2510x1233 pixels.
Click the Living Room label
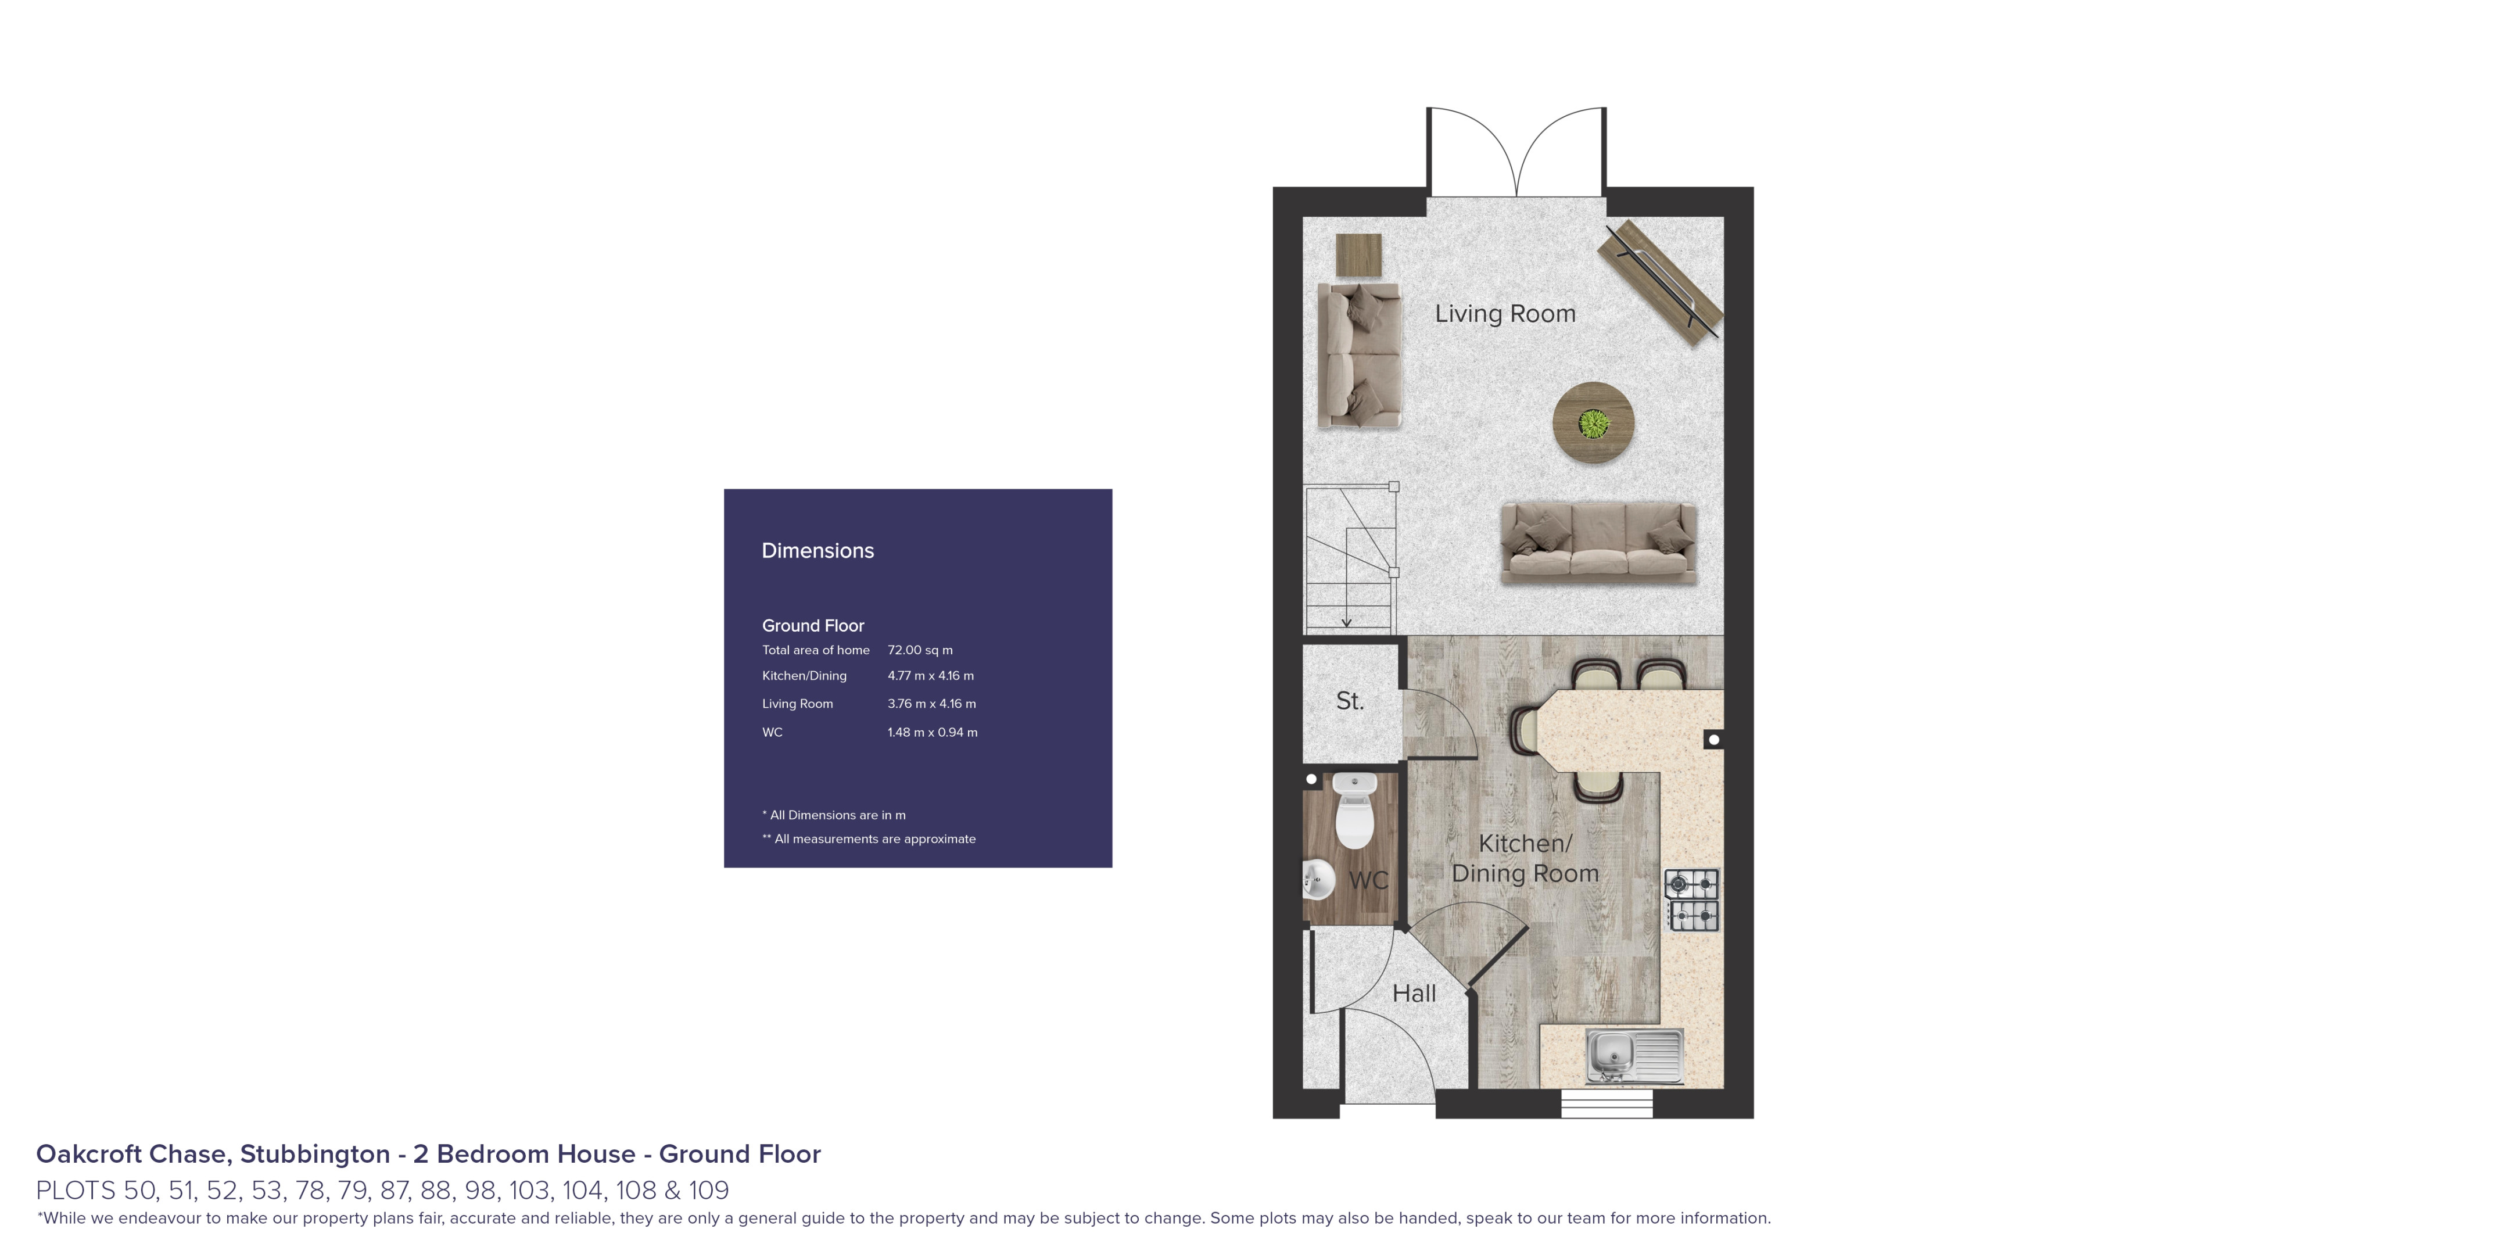pos(1504,314)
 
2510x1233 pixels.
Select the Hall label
pos(1414,993)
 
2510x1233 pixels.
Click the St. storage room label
pos(1350,701)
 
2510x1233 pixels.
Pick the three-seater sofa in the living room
pos(1598,543)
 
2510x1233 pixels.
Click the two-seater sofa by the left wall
pos(1358,356)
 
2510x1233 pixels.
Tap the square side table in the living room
pos(1359,255)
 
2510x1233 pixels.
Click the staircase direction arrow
pos(1347,620)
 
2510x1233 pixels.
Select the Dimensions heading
pos(817,551)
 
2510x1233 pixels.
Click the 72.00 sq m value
pos(920,650)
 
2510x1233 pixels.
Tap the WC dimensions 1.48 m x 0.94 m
pos(931,732)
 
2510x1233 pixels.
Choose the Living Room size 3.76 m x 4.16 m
pos(931,704)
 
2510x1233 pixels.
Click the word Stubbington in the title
pos(315,1154)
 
